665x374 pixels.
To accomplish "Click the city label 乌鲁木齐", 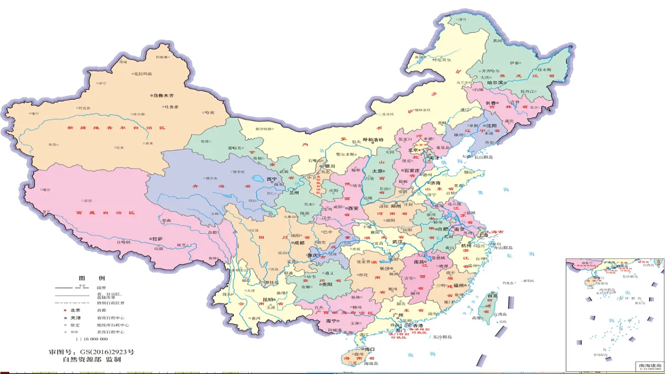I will [163, 95].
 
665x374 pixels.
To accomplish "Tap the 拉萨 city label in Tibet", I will [157, 238].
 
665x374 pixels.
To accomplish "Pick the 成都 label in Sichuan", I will [299, 242].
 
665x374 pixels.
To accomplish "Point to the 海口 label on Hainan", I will [369, 349].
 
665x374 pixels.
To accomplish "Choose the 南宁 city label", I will [332, 321].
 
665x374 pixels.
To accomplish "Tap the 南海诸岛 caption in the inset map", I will [648, 366].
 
